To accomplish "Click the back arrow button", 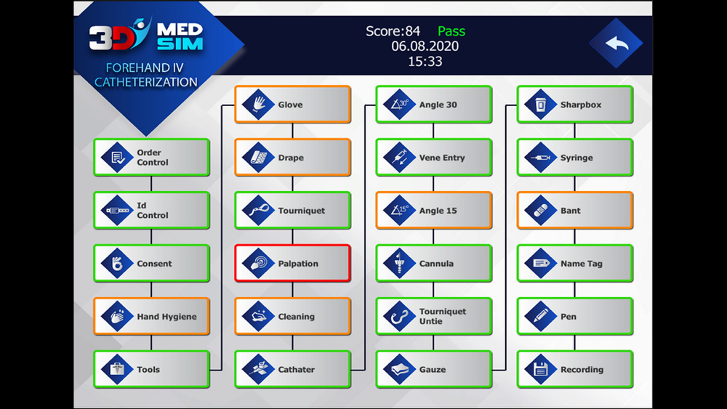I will click(x=616, y=44).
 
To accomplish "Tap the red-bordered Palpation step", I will click(x=292, y=264).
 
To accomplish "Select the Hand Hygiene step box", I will click(x=151, y=317).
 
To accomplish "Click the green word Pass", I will click(x=451, y=31).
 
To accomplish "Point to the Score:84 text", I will click(x=393, y=31).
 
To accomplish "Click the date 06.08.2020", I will click(x=425, y=46).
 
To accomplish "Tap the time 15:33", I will click(x=425, y=62).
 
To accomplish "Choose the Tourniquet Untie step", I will click(x=433, y=317).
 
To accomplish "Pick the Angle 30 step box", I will click(x=433, y=105).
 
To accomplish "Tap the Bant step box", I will click(x=574, y=211).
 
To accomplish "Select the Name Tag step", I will click(x=574, y=264).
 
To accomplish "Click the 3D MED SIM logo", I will click(x=145, y=36).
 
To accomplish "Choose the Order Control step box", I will click(x=151, y=158).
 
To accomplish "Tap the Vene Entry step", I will click(x=433, y=158).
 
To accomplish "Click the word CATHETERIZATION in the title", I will click(x=146, y=82).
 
